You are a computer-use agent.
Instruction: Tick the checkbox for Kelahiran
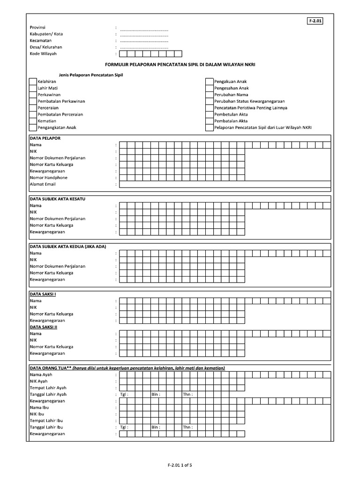[x=32, y=82]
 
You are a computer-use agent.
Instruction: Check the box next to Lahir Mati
[x=32, y=88]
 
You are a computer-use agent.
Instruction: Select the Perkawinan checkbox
[x=32, y=95]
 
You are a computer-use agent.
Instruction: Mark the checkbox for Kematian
[x=32, y=121]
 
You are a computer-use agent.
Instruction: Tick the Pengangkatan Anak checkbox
[x=32, y=127]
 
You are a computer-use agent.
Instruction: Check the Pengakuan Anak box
[x=209, y=82]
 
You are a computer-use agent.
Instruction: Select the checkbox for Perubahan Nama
[x=209, y=95]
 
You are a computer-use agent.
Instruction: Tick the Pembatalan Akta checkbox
[x=209, y=121]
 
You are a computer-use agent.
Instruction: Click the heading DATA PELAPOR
[x=45, y=138]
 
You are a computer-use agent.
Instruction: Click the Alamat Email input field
[x=225, y=185]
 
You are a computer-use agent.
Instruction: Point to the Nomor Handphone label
[x=49, y=178]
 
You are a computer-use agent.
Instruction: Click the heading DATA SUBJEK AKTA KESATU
[x=58, y=199]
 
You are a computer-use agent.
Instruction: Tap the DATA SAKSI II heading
[x=43, y=327]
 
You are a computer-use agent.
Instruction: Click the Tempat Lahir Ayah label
[x=48, y=388]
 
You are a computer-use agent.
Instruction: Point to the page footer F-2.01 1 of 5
[x=180, y=465]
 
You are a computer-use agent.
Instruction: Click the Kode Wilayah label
[x=43, y=54]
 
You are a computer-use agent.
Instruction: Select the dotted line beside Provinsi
[x=144, y=28]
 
